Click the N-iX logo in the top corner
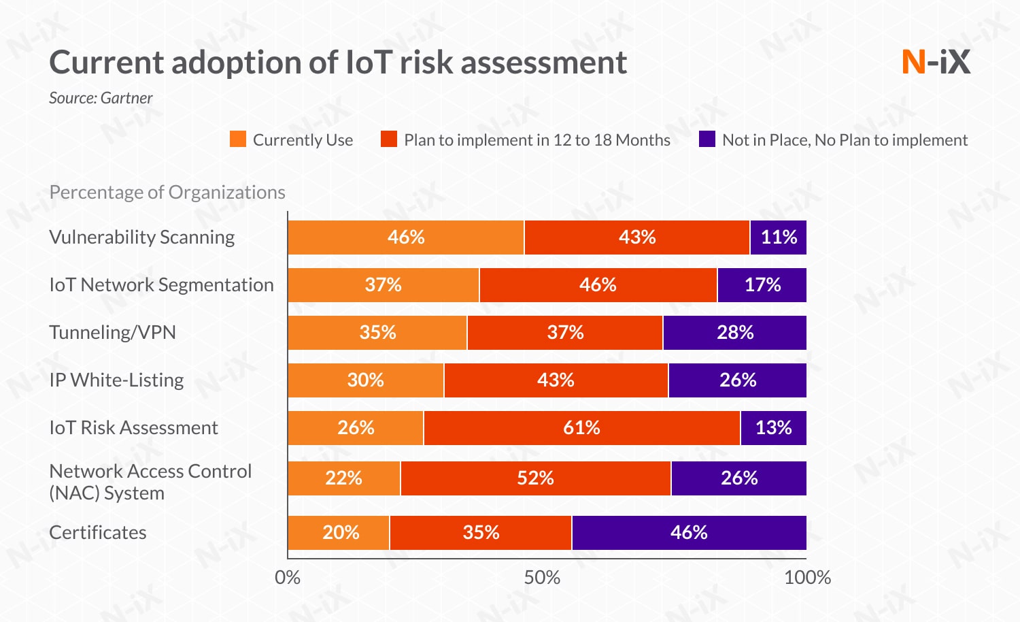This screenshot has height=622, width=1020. [936, 62]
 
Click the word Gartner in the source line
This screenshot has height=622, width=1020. [127, 98]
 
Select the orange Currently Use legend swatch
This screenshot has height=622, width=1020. [238, 140]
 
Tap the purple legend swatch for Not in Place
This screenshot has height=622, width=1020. [707, 140]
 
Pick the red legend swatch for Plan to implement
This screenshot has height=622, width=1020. [389, 140]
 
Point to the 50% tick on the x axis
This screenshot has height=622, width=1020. [542, 578]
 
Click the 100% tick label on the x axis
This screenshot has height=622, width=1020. [807, 578]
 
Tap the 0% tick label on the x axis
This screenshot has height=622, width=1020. [288, 578]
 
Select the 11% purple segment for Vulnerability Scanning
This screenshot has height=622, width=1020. [779, 238]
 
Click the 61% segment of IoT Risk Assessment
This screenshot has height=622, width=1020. [581, 428]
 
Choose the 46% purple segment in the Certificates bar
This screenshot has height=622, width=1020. [689, 533]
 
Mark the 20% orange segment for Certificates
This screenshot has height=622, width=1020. [339, 533]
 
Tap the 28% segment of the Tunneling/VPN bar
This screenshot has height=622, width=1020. [735, 333]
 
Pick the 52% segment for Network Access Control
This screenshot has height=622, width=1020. [535, 478]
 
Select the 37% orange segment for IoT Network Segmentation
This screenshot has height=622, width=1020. [384, 285]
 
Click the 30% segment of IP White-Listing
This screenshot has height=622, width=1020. [366, 380]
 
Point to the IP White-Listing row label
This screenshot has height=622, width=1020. [116, 380]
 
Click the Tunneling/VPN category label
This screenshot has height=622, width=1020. [112, 333]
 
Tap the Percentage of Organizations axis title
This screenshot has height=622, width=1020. [167, 193]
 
